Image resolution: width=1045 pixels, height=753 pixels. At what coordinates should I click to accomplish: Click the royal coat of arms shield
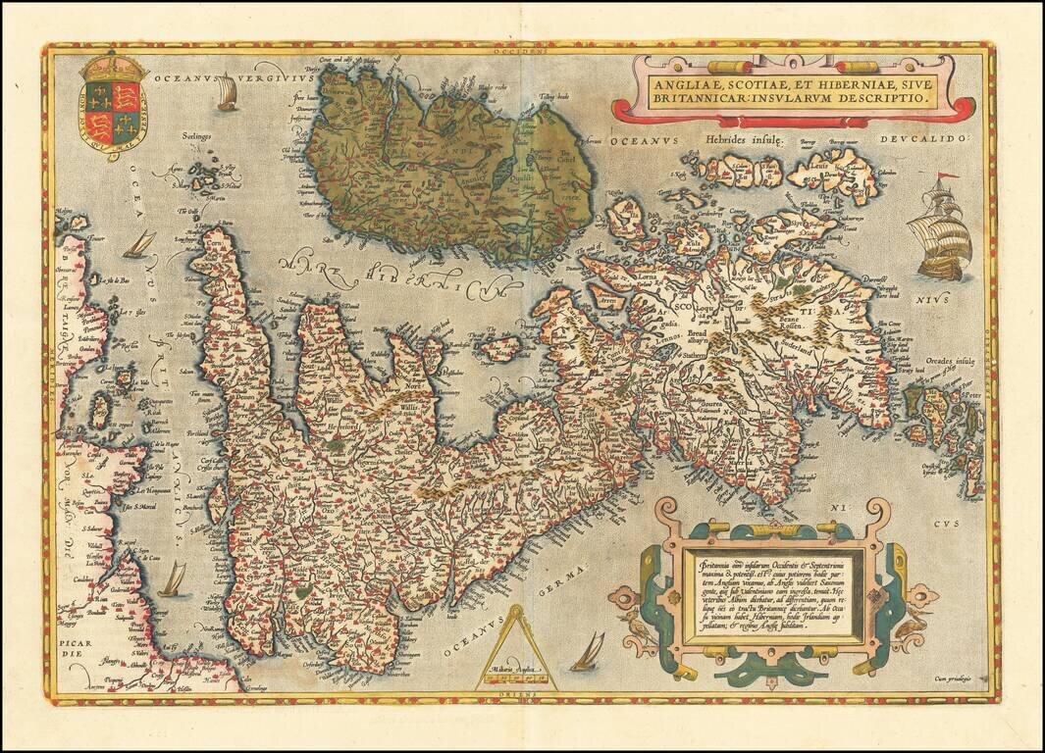point(111,110)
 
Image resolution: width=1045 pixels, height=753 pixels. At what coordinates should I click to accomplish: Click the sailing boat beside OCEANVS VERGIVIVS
point(227,93)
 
